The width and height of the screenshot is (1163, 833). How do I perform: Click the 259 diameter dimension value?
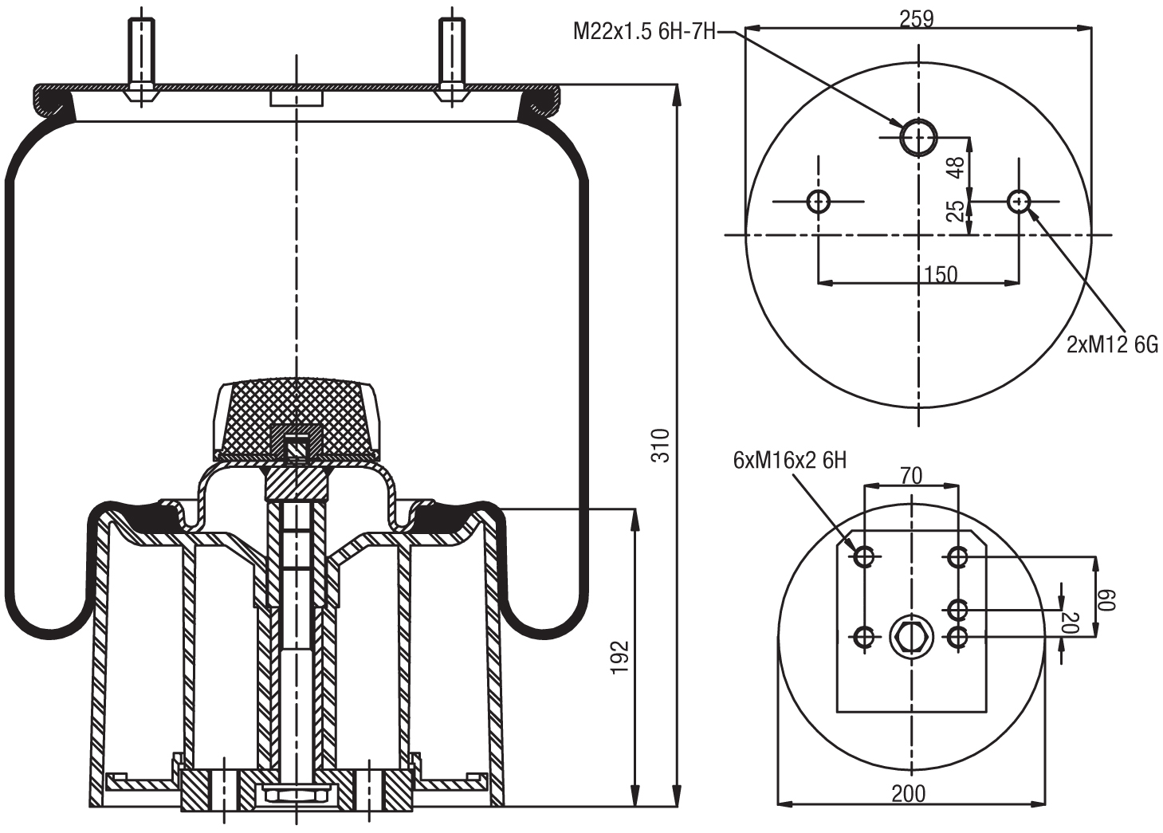[916, 18]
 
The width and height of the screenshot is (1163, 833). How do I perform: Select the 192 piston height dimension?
[621, 657]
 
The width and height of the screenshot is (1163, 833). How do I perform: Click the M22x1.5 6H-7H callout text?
[644, 32]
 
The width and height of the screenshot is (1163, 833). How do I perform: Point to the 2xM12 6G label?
[1111, 344]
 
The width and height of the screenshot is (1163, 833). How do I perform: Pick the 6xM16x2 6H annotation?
[789, 460]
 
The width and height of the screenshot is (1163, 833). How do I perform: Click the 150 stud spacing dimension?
[941, 274]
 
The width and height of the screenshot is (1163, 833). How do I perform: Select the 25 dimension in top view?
[956, 210]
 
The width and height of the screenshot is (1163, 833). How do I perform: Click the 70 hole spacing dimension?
[910, 476]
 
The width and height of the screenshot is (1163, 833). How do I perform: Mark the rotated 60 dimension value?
[1107, 599]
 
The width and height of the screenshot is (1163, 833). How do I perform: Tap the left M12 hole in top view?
[819, 202]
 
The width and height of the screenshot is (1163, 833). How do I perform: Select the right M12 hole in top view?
[1018, 202]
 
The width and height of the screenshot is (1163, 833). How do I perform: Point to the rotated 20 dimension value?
[1072, 623]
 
